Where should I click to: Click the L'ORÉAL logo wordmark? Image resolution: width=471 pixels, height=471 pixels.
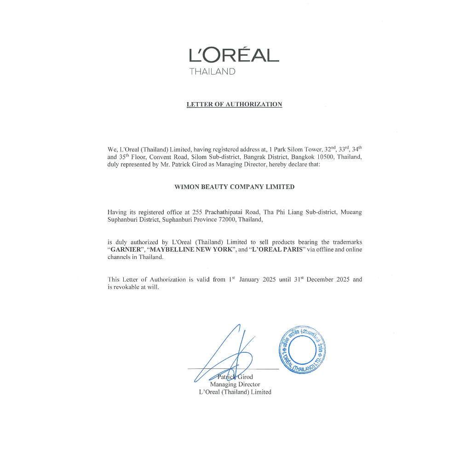point(234,55)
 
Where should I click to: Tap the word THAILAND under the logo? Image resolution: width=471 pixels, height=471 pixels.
point(212,72)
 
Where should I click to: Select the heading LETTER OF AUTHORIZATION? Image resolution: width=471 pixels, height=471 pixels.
point(234,104)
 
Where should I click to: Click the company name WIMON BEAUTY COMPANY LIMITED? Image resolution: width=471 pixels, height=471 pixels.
point(235,187)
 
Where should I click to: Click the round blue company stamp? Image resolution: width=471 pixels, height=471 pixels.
point(303,350)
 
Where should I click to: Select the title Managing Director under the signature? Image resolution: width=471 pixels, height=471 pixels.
point(235,385)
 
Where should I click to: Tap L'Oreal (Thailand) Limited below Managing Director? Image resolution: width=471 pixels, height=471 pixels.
point(235,392)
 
